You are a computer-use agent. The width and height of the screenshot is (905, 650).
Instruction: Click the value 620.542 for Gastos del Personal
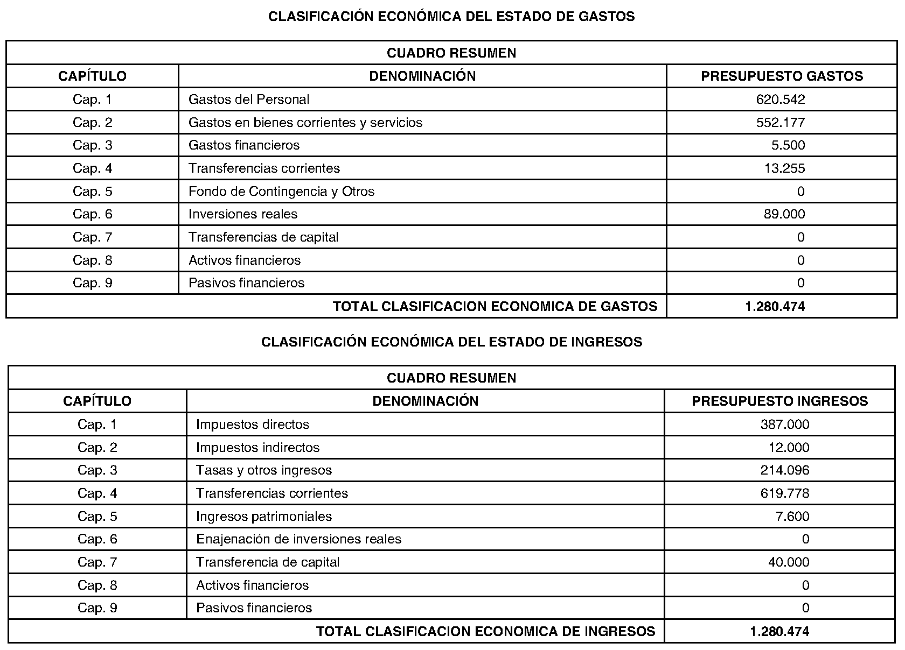click(x=781, y=100)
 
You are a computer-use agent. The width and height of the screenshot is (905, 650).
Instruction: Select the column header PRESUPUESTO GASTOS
click(x=782, y=76)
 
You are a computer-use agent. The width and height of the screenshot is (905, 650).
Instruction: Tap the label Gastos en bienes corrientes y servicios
click(x=305, y=123)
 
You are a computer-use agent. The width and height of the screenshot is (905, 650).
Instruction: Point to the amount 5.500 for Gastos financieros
click(x=788, y=145)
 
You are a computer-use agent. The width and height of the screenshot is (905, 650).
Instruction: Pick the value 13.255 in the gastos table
click(x=784, y=168)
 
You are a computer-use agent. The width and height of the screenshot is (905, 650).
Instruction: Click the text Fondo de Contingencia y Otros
click(x=281, y=192)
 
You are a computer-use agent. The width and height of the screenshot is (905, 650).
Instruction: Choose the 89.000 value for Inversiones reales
click(x=784, y=214)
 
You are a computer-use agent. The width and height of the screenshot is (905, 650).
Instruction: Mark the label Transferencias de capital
click(x=263, y=237)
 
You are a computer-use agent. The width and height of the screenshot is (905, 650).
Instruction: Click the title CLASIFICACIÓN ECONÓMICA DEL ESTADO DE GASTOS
click(x=451, y=17)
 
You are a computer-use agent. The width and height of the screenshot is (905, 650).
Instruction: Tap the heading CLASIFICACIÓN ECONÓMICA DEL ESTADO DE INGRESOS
click(x=451, y=342)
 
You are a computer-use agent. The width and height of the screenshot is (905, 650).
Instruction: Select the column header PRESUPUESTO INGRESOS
click(x=779, y=401)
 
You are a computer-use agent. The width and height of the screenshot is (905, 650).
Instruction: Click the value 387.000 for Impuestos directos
click(x=785, y=425)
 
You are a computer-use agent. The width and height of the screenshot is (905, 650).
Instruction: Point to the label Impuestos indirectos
click(x=257, y=448)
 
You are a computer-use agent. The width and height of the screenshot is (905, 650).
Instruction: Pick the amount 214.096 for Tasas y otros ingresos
click(x=785, y=470)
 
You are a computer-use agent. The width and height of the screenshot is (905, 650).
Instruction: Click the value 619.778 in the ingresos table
click(x=785, y=493)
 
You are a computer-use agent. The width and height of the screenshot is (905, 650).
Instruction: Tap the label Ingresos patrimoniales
click(x=264, y=517)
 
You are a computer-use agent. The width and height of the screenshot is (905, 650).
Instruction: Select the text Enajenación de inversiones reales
click(x=298, y=539)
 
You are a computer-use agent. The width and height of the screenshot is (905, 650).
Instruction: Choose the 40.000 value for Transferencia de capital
click(x=789, y=562)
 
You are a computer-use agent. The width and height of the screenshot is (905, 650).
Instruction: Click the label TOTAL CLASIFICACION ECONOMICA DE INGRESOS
click(x=485, y=631)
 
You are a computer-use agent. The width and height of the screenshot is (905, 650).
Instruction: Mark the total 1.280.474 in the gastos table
click(x=775, y=307)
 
